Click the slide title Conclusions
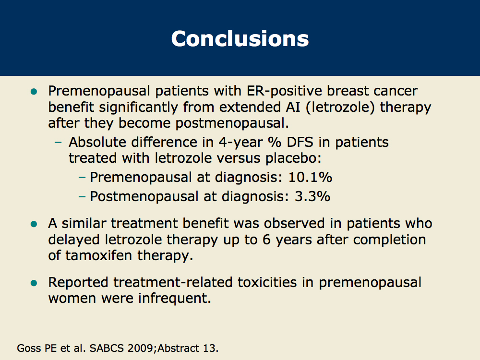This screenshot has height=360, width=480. pos(240,38)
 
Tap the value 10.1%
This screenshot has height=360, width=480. pos(310,177)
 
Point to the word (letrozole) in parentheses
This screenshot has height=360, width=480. pos(343,107)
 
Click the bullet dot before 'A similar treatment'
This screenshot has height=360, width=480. pos(34,224)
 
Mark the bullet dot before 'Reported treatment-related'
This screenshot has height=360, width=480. pos(34,282)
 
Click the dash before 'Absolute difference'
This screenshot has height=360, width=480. pos(59,143)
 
